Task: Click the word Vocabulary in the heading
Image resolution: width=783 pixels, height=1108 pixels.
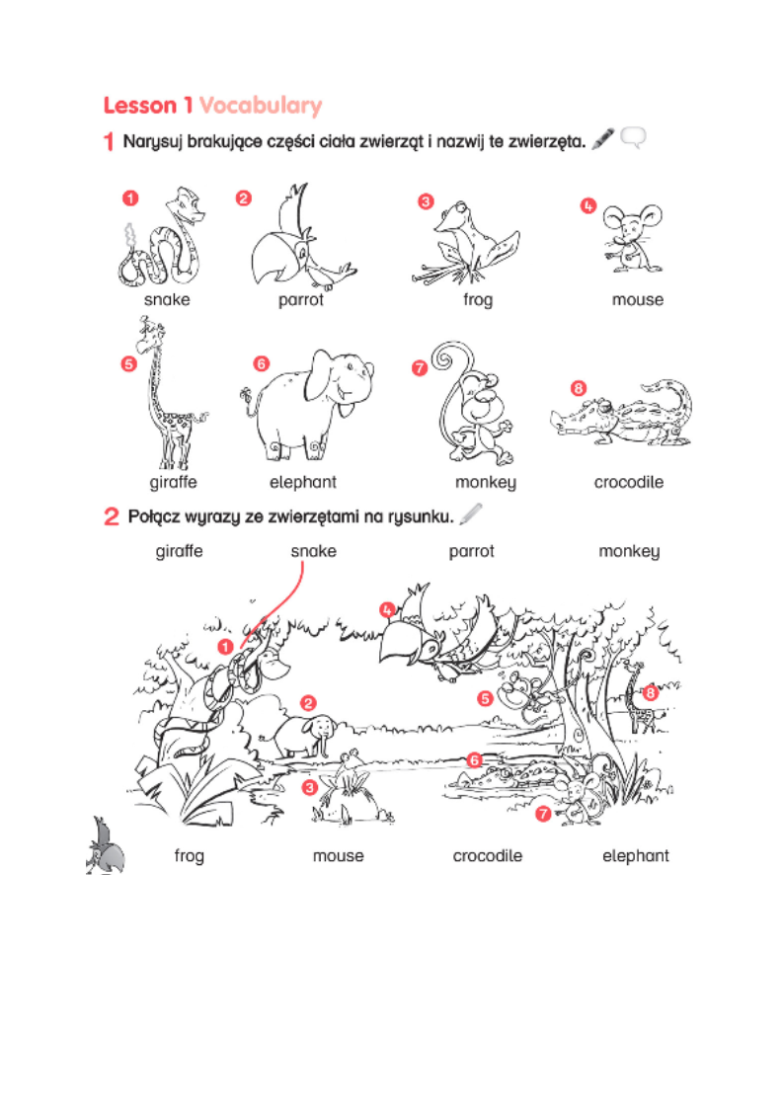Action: coord(261,106)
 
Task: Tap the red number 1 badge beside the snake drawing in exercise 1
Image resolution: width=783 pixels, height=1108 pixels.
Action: coord(129,198)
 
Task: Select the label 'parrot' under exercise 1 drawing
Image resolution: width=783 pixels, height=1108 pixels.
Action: coord(300,300)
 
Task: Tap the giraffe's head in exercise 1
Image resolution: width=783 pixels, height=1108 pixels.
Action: coord(147,334)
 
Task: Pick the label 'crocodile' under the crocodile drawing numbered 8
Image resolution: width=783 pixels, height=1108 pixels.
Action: coord(628,483)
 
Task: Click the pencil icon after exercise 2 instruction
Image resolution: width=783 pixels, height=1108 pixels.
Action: coord(471,513)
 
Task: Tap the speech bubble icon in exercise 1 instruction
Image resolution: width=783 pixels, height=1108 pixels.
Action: coord(633,139)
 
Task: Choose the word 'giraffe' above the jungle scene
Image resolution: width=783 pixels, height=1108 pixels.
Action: coord(179,551)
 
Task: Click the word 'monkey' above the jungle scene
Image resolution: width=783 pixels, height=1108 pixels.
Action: coord(628,551)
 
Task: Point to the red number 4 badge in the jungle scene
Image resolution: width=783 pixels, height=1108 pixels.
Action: coord(387,610)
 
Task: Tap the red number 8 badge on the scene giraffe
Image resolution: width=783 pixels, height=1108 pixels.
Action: coord(650,693)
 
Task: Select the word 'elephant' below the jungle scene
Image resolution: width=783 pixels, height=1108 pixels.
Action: coord(635,856)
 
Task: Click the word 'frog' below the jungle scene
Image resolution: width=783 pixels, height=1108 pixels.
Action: coord(189,856)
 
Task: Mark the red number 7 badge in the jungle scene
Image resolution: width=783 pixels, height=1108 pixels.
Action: coord(543,814)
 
